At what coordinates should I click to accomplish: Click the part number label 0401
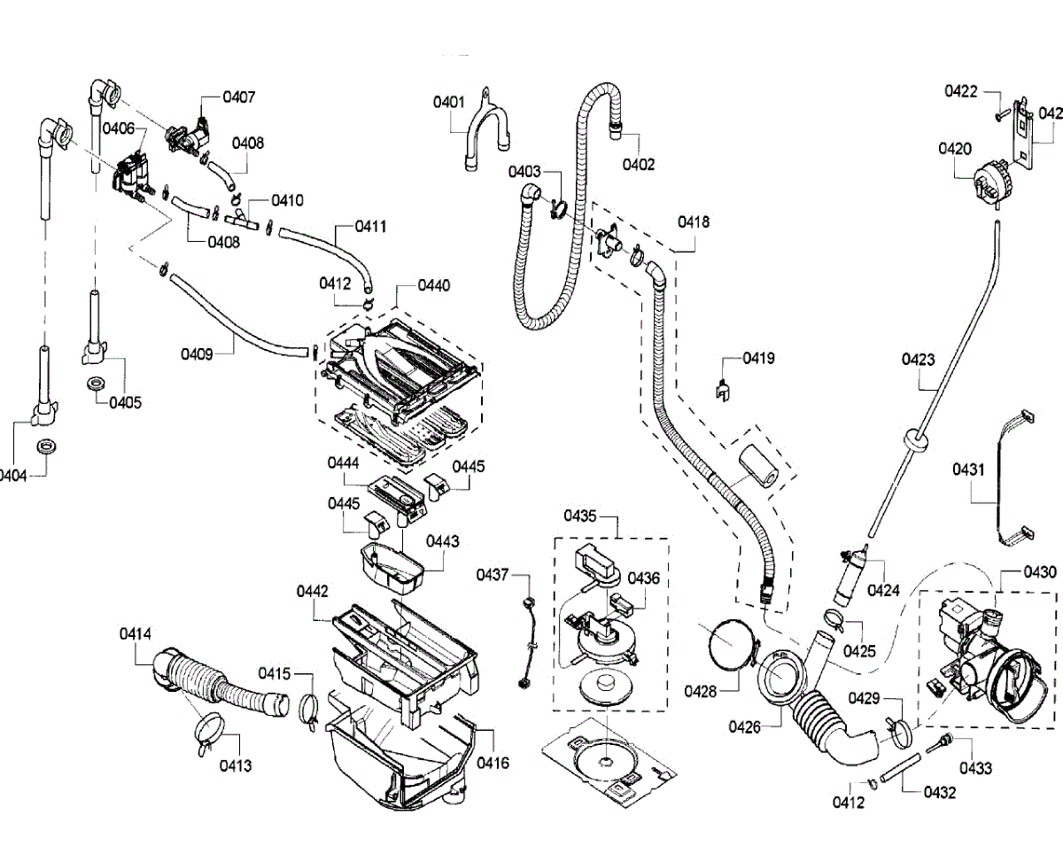click(x=449, y=103)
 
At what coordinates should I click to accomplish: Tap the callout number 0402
click(x=638, y=164)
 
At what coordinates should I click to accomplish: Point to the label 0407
click(x=239, y=97)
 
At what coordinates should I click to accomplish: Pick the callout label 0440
click(x=434, y=286)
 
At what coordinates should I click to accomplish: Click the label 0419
click(x=758, y=359)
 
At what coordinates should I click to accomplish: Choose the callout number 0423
click(x=919, y=360)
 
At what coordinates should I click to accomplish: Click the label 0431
click(x=969, y=470)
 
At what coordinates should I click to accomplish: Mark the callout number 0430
click(x=1040, y=573)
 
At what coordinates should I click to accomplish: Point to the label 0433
click(x=975, y=769)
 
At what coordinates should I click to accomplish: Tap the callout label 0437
click(x=493, y=575)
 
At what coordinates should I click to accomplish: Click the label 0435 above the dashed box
click(x=582, y=516)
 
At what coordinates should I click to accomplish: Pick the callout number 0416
click(x=493, y=763)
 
